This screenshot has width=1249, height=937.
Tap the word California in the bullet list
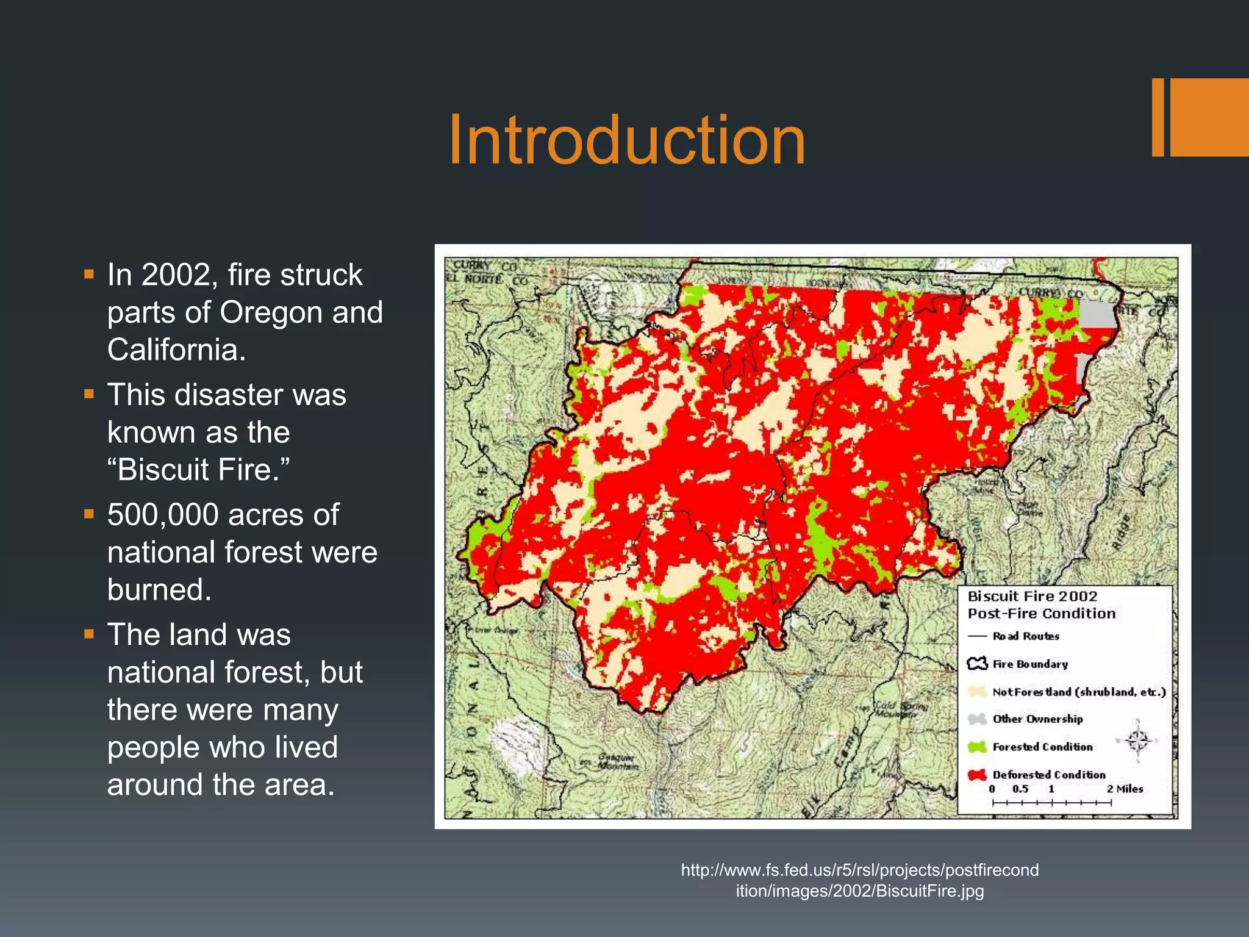[x=176, y=350]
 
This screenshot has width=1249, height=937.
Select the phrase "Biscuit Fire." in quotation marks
[x=198, y=470]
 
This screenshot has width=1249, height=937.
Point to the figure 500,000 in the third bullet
[x=163, y=515]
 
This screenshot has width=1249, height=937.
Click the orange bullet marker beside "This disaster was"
[x=89, y=394]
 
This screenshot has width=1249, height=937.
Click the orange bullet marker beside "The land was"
[x=89, y=634]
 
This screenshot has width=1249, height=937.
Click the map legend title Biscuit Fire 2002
[x=1032, y=596]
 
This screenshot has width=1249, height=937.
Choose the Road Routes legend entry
[x=1026, y=636]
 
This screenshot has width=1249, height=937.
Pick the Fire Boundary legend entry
[x=1030, y=664]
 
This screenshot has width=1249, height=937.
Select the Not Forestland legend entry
[x=1078, y=692]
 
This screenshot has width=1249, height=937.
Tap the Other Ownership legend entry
[x=1037, y=719]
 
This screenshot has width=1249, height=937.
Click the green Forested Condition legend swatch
[x=977, y=747]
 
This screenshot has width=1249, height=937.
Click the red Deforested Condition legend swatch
[x=977, y=775]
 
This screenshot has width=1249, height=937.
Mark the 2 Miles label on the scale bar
[x=1125, y=789]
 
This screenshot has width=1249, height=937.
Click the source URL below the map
[x=859, y=880]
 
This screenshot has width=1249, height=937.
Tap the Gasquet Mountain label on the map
[x=617, y=762]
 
